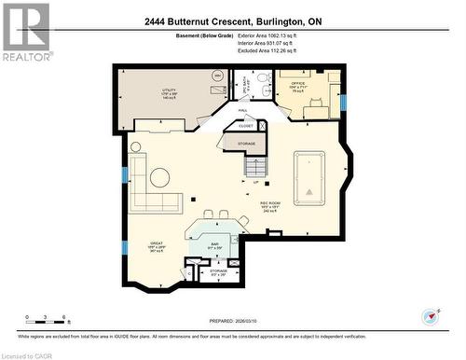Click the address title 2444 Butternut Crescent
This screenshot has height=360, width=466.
(x=232, y=21)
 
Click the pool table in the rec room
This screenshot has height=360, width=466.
(x=309, y=177)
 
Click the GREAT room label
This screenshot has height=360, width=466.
(x=157, y=246)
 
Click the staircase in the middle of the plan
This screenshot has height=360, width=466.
(x=256, y=167)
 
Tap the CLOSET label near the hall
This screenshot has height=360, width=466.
(x=246, y=125)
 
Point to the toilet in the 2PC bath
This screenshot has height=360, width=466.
(x=265, y=78)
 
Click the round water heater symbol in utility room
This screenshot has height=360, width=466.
(x=217, y=76)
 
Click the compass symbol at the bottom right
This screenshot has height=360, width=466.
(x=432, y=317)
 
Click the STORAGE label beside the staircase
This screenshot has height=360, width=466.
(x=246, y=144)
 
